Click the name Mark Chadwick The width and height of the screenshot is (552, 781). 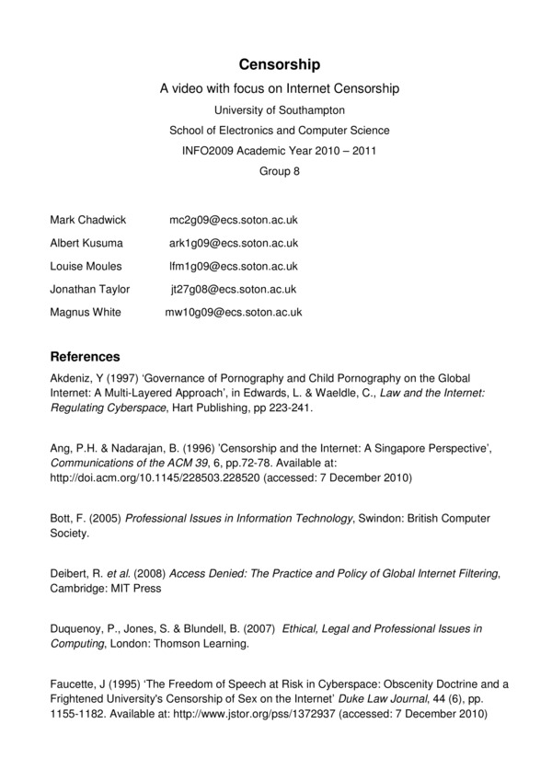point(87,221)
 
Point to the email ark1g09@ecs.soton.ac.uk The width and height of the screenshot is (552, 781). point(234,244)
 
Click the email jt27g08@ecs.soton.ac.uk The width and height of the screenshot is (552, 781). point(234,290)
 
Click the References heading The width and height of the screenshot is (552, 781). point(85,356)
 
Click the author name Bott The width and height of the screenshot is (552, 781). point(61,519)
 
